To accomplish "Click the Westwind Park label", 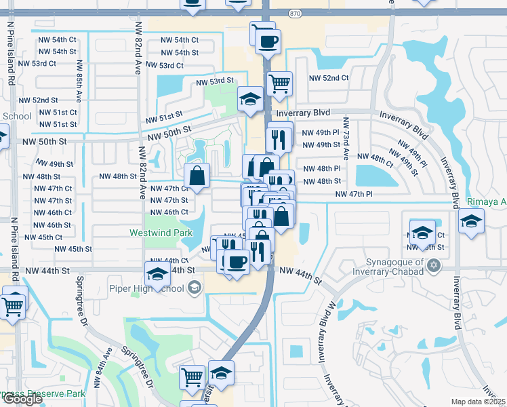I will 157,232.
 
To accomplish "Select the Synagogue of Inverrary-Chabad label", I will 385,267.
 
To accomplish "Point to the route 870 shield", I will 294,14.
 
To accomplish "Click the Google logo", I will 22,399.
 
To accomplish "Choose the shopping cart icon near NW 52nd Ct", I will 280,83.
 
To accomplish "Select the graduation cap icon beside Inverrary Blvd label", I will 250,100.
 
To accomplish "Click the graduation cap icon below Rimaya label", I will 471,220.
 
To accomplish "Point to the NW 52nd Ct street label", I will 326,78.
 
